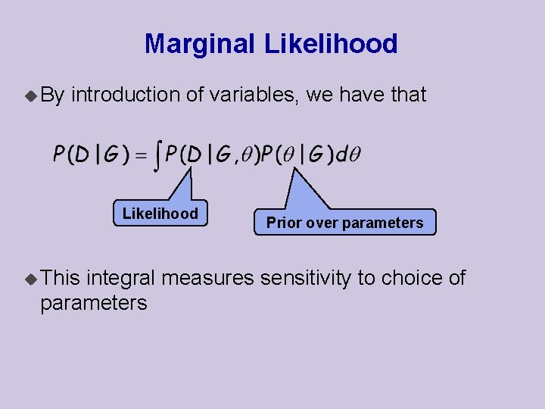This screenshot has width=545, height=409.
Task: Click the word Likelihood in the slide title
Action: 330,44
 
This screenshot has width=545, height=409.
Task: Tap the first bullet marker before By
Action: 30,95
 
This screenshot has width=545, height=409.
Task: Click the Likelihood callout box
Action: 160,214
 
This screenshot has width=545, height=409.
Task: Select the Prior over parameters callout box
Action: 344,223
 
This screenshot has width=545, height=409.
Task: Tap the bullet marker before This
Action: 30,279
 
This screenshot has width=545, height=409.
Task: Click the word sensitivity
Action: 306,278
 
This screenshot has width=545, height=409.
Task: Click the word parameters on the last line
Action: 93,303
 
